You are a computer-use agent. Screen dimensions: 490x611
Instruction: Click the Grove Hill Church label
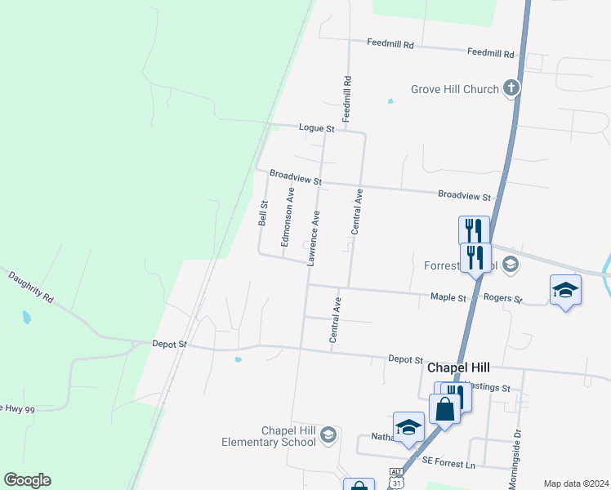click(x=454, y=88)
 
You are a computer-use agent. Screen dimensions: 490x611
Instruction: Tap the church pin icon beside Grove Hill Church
click(x=512, y=88)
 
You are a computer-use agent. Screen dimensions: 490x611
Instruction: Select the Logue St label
click(x=317, y=129)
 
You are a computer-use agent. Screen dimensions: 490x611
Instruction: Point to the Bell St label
click(x=263, y=214)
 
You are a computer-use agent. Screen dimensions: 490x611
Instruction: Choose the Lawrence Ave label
click(x=313, y=238)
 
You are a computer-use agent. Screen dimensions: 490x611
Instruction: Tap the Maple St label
click(x=448, y=298)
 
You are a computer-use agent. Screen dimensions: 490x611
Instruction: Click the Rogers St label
click(x=502, y=299)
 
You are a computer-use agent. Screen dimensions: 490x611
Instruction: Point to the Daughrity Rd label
click(x=31, y=288)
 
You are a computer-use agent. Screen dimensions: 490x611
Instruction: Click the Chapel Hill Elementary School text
click(x=269, y=436)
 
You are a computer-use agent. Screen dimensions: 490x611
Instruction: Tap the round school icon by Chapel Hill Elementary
click(x=328, y=434)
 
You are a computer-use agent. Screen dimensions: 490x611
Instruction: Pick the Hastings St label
click(x=488, y=388)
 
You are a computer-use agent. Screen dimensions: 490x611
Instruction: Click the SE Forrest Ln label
click(x=448, y=461)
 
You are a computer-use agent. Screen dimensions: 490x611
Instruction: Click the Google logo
click(x=27, y=480)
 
